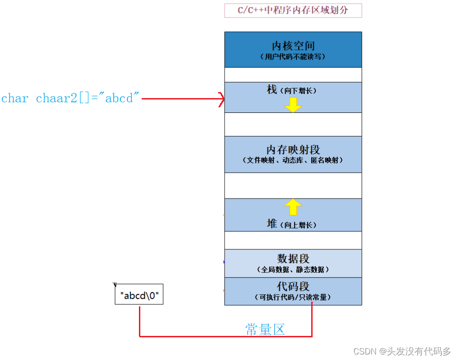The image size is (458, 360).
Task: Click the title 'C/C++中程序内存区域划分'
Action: point(293,11)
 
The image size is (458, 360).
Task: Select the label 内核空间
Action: point(293,46)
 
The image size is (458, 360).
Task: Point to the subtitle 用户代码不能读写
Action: point(293,57)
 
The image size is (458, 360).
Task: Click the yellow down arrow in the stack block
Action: point(293,106)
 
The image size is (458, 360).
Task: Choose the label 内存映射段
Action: point(293,150)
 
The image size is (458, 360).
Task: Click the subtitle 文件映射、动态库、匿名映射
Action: point(293,161)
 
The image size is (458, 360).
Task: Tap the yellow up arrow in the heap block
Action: point(293,207)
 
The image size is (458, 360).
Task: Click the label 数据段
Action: point(293,258)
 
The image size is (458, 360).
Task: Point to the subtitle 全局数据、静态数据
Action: point(293,269)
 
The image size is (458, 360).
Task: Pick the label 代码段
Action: point(293,286)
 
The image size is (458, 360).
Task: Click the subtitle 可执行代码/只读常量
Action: point(293,298)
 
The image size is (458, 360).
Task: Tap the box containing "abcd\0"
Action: point(139,295)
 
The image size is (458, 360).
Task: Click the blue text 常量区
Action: point(264,329)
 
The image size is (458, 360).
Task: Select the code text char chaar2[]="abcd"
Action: point(70,99)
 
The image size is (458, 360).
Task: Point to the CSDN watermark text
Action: point(402,352)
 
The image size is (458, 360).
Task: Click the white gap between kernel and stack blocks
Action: point(293,74)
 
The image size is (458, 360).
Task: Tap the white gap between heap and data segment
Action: point(293,240)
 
